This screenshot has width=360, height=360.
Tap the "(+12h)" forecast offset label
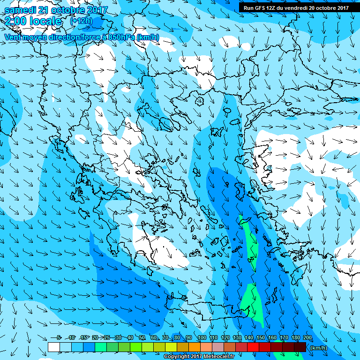click(x=81, y=21)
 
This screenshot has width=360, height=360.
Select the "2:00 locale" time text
click(x=33, y=21)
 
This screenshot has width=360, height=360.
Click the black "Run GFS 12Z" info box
click(x=296, y=7)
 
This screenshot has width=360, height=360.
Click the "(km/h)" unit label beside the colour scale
click(x=319, y=347)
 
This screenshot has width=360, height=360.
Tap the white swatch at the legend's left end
click(x=54, y=347)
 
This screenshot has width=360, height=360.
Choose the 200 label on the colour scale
click(x=307, y=337)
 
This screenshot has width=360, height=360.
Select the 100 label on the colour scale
click(x=202, y=337)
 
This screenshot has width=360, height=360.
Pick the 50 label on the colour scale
click(x=142, y=337)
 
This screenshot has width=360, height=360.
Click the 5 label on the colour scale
click(x=59, y=337)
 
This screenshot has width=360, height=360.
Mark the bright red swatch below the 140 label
click(x=253, y=347)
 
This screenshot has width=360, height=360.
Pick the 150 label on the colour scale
click(x=260, y=337)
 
